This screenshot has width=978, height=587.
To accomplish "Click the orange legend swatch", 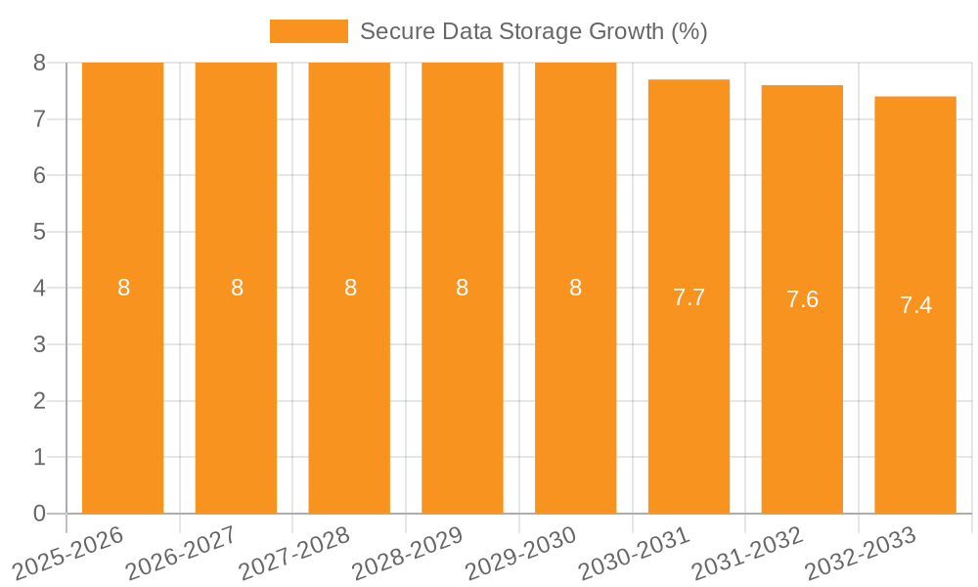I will [308, 31].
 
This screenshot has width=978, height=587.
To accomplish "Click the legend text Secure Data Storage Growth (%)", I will [533, 31].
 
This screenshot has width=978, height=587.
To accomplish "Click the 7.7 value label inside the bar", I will [689, 298].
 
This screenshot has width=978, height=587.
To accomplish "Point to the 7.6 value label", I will [802, 300].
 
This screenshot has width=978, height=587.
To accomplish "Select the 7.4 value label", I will [915, 305].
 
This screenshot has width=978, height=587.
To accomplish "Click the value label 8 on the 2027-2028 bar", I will [350, 288].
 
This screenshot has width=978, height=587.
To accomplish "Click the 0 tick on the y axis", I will [39, 514].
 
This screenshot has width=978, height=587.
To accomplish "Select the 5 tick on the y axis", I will [39, 232].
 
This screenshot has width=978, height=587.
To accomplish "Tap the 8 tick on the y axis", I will [39, 63].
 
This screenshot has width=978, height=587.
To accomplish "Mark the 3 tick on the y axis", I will [39, 344].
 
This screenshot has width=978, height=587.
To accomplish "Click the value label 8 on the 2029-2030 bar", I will [576, 288].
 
